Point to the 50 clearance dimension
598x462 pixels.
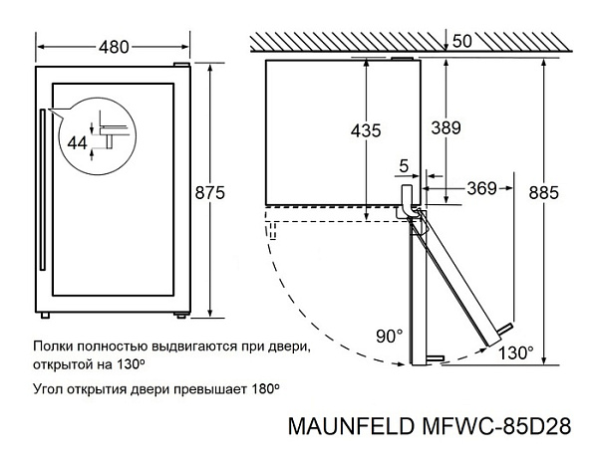461,42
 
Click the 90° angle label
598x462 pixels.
389,336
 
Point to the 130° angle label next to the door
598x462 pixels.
516,353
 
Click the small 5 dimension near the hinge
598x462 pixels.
404,163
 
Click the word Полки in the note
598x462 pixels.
53,347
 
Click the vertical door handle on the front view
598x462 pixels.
43,189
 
